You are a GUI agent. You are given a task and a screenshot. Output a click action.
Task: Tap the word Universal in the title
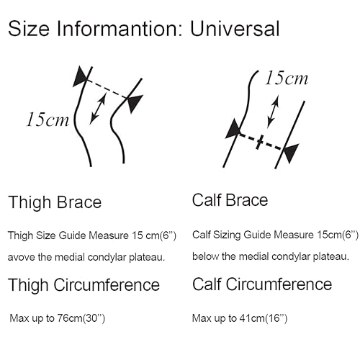tap(235, 29)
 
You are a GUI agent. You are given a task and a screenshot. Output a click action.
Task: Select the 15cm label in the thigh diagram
tap(48, 120)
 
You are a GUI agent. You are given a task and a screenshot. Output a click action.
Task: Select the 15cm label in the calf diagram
tap(287, 78)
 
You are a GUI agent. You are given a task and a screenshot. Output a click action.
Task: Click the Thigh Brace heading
tap(55, 202)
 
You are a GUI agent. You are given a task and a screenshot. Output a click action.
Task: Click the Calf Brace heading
tap(230, 200)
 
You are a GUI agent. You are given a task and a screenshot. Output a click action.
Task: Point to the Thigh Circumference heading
tap(84, 285)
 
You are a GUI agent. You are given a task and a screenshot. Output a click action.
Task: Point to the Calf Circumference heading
tap(262, 284)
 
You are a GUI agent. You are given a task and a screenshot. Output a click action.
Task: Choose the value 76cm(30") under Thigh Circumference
tap(81, 318)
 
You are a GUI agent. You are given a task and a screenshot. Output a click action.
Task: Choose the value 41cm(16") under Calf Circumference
tap(264, 318)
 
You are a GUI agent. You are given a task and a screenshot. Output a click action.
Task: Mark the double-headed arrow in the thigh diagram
tap(98, 109)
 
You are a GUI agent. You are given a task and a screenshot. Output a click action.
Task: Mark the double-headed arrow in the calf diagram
tap(273, 112)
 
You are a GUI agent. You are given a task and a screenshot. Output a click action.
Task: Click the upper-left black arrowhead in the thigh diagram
tap(80, 76)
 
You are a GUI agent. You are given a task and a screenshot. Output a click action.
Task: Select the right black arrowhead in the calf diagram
tap(291, 153)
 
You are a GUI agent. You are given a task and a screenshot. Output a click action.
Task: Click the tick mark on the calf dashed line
tap(259, 143)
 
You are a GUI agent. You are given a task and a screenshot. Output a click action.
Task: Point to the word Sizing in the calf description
tap(227, 235)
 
